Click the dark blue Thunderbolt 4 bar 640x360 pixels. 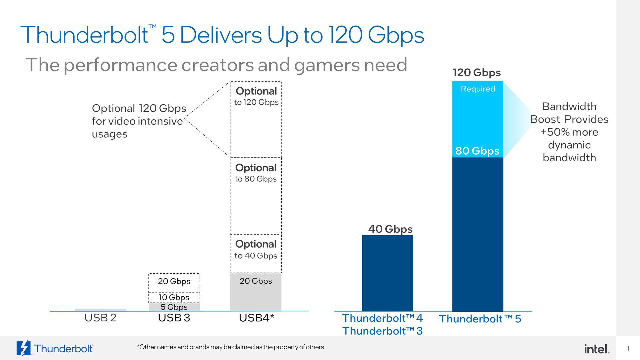coord(387,273)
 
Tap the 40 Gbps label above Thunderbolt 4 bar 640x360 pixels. coord(390,229)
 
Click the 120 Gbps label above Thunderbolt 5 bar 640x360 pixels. coord(477,73)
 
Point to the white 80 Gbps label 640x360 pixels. coord(477,151)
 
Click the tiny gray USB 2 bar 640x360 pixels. coord(100,310)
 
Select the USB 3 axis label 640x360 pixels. coord(174,318)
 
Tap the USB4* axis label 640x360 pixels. coord(256,318)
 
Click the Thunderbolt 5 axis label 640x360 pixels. coord(480,319)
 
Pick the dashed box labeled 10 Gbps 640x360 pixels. coord(174,297)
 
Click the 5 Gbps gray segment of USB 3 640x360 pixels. coord(174,307)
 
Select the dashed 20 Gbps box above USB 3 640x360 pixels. coord(174,281)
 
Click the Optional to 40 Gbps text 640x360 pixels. coord(256,250)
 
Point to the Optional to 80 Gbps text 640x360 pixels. coord(256,173)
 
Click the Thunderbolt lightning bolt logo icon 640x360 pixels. coord(24,348)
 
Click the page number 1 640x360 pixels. coord(628,348)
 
